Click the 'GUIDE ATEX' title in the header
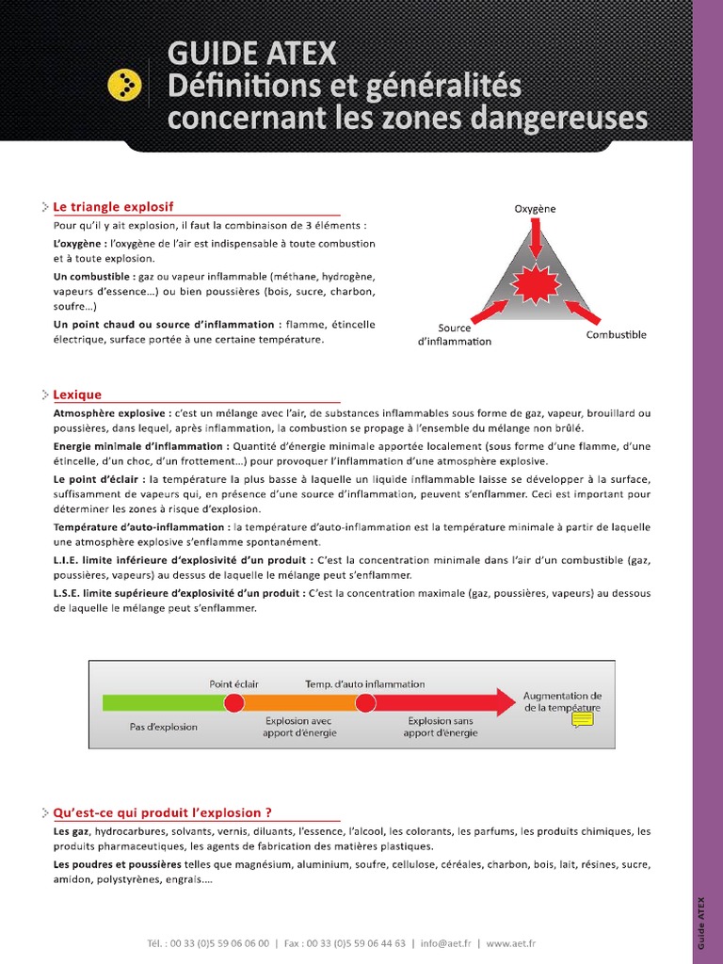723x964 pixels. coord(251,54)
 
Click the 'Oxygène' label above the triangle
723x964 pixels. coord(535,208)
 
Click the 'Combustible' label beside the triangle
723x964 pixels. coord(617,335)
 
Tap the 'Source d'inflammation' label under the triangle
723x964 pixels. coord(454,335)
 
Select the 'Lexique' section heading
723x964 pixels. coord(77,394)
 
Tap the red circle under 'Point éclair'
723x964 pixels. coord(234,702)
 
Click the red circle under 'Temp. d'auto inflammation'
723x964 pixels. coord(365,702)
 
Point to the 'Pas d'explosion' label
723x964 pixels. coord(164,727)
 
